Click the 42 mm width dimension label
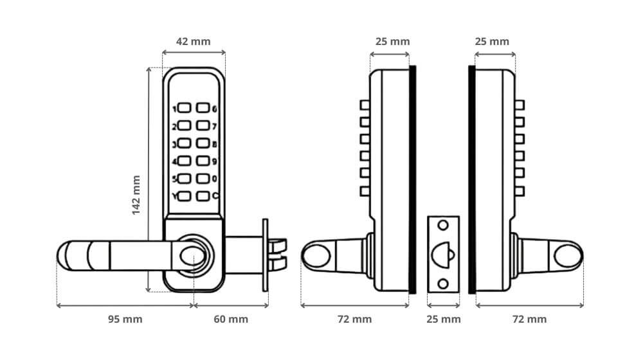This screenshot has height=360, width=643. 194,41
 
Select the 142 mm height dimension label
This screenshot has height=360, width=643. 136,195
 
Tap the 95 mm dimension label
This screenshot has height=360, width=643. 125,319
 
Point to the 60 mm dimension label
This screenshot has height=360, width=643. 231,319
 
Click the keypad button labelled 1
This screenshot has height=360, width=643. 184,109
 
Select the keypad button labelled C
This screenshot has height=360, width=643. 203,196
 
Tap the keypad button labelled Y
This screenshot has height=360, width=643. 184,196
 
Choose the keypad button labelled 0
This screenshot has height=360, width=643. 203,179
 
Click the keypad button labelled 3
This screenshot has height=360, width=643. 184,144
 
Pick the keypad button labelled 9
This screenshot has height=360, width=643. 203,161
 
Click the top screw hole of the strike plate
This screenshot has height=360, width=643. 443,226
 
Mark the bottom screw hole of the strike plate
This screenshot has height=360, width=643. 443,284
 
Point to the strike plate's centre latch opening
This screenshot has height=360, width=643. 443,254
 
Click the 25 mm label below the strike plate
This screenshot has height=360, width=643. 444,319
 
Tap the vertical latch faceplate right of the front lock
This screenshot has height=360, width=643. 264,255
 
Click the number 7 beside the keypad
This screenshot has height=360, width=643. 215,127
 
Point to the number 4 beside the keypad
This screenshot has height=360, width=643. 174,161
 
